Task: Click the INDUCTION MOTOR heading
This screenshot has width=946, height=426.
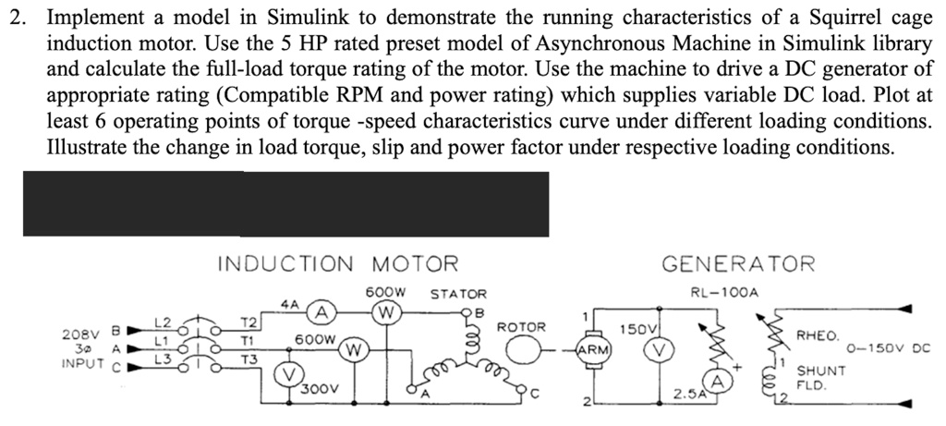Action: (337, 264)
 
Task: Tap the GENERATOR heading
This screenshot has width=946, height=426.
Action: (738, 264)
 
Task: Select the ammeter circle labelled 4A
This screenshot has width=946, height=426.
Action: (319, 310)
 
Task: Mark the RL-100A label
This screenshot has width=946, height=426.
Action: (724, 293)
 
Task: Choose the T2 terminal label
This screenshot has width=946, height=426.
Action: (247, 322)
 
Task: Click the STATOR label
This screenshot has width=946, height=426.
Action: (456, 294)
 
